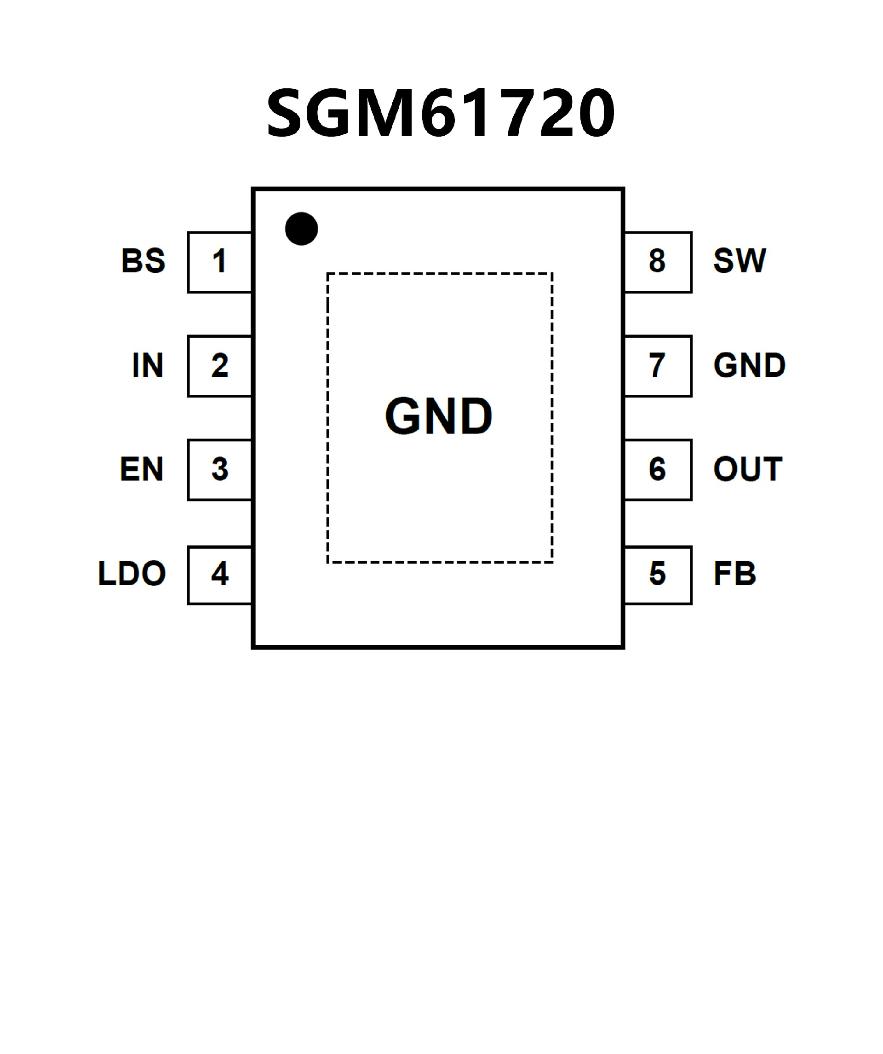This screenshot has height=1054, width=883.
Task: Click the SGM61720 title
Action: coord(441,112)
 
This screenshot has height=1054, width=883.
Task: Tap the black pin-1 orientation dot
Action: coord(302,229)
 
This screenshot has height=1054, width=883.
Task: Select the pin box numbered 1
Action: coord(220,262)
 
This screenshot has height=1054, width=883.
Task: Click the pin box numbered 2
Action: coord(220,366)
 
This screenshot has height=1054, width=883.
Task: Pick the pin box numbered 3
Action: coord(220,470)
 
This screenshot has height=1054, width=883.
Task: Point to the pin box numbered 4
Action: coord(220,575)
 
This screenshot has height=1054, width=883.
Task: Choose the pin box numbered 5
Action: coord(658,575)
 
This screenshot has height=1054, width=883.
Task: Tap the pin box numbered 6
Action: coord(658,470)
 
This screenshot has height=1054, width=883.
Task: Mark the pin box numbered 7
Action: coord(658,366)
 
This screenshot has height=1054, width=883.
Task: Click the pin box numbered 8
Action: coord(658,262)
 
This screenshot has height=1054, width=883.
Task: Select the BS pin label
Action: coord(143,261)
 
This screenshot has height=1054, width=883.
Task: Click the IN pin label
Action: coord(148,365)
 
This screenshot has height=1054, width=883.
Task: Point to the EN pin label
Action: coord(142,469)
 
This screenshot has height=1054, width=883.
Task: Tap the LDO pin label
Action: coord(132,574)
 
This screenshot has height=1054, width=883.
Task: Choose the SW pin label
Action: coord(740,261)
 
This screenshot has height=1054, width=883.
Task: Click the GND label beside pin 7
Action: coord(749,365)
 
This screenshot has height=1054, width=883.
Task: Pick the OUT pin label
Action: coord(747,469)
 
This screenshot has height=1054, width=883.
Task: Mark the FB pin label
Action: coord(734,574)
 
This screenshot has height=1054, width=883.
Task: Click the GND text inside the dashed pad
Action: coord(438,416)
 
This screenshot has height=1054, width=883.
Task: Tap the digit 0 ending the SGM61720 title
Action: coord(596,112)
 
